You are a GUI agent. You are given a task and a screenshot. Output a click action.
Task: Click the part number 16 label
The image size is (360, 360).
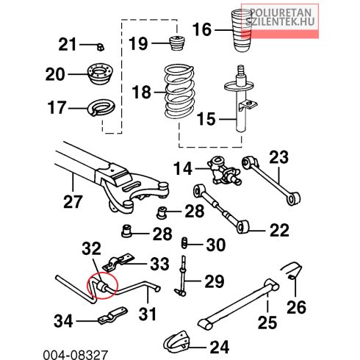tap(202, 29)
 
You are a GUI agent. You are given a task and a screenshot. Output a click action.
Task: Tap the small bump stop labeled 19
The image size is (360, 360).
tap(177, 43)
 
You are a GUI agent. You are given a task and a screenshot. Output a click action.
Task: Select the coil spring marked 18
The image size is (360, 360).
tap(180, 92)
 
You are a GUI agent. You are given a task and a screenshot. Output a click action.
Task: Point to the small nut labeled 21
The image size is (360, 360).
tap(101, 46)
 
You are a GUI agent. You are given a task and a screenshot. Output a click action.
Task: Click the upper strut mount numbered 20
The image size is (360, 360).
tap(101, 73)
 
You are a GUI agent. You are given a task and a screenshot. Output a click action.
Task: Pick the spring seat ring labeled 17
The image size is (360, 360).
tap(101, 108)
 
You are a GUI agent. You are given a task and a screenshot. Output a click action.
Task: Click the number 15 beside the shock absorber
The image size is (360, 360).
tap(206, 119)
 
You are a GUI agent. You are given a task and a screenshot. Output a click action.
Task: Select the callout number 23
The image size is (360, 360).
tap(278, 157)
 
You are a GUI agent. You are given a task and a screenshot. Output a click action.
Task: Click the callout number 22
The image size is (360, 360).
tap(279, 230)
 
